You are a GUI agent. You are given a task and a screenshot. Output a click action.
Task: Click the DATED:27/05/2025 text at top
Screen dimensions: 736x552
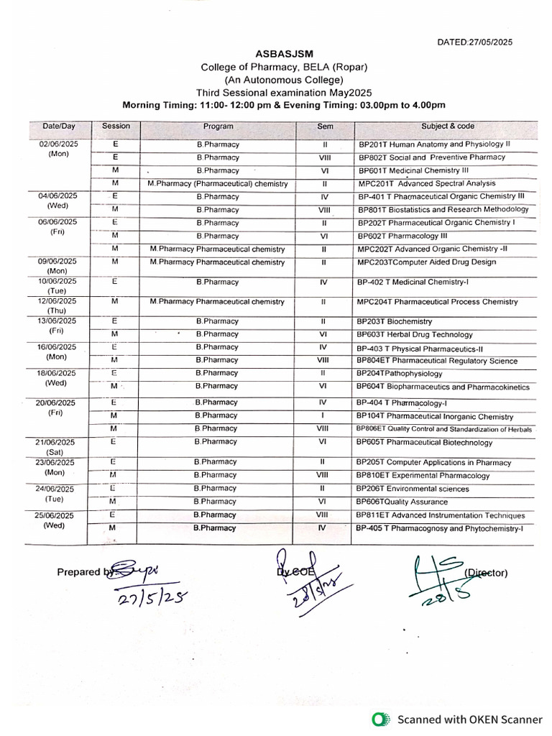[475, 42]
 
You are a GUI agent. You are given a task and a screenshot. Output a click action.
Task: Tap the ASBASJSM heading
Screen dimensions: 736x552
[284, 54]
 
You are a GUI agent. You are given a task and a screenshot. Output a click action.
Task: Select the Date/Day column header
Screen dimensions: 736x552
[59, 126]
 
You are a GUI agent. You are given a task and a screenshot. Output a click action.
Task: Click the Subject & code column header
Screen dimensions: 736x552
[447, 126]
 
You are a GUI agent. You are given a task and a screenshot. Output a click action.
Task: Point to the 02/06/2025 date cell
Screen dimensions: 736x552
[59, 144]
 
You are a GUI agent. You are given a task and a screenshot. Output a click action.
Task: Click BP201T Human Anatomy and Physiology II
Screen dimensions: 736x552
[434, 144]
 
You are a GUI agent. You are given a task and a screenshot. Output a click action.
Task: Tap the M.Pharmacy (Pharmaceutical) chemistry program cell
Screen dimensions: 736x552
[217, 184]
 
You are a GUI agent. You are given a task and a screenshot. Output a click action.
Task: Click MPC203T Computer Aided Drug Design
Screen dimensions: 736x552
[426, 262]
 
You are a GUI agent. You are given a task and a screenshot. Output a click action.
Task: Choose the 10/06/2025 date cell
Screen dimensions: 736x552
[59, 282]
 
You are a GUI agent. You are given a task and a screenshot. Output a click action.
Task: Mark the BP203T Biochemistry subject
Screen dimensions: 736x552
[395, 322]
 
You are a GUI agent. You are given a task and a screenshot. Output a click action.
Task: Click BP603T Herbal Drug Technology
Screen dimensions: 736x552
[415, 335]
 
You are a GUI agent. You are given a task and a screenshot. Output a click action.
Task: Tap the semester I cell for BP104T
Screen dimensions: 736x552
[323, 416]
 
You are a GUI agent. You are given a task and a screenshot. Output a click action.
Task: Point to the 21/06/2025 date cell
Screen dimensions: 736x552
[59, 442]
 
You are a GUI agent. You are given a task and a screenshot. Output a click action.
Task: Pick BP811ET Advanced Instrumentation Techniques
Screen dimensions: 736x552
[441, 515]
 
